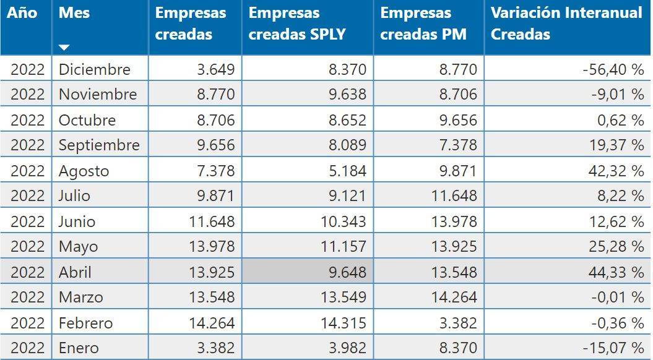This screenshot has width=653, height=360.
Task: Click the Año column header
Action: tap(22, 13)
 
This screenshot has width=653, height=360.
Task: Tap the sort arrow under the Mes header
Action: tap(64, 47)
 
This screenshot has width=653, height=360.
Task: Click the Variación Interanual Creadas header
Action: tap(566, 24)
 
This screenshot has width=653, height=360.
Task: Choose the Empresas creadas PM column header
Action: tap(423, 24)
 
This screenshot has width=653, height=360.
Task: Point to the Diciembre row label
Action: tap(95, 69)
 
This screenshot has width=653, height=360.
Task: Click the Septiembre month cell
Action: tap(99, 145)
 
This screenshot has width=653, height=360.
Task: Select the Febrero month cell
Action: tap(86, 323)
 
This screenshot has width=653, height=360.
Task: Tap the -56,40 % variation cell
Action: tap(613, 69)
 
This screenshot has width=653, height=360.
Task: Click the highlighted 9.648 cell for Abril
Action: tap(343, 272)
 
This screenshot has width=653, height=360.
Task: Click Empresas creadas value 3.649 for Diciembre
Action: tap(215, 69)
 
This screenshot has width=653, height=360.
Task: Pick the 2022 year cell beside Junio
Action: tap(28, 221)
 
